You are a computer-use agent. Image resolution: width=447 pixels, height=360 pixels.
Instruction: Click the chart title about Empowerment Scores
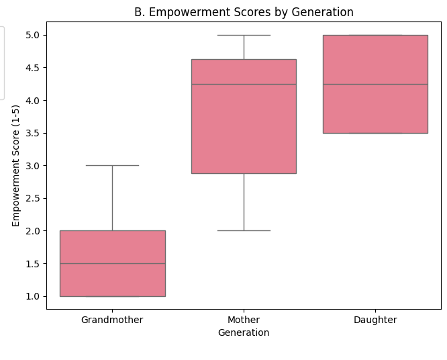coord(244,12)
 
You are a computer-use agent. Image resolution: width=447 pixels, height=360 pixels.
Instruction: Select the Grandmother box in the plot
coord(112,279)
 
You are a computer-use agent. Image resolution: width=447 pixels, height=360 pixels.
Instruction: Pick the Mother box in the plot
coord(244,128)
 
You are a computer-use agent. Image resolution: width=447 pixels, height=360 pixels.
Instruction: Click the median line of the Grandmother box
coord(112,263)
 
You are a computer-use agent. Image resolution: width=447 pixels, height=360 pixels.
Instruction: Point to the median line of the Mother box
coord(244,84)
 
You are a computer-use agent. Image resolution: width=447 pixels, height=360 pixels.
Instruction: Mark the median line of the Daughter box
coord(375,84)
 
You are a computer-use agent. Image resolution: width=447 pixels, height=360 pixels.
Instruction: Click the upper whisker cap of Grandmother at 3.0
coord(112,165)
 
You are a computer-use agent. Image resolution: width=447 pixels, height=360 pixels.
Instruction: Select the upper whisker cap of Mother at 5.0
coord(244,35)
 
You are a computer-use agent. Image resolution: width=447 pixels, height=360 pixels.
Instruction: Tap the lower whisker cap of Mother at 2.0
coord(244,230)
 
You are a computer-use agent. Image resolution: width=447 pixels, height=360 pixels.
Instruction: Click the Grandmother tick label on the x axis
coord(112,320)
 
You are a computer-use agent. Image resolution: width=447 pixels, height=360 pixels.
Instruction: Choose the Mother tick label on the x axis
coord(244,320)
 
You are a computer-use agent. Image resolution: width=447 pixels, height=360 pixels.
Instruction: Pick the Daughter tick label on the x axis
coord(375,320)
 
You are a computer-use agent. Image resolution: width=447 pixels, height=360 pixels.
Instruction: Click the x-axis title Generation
coord(244,332)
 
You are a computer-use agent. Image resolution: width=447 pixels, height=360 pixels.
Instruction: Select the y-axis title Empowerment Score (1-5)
coord(16,165)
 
